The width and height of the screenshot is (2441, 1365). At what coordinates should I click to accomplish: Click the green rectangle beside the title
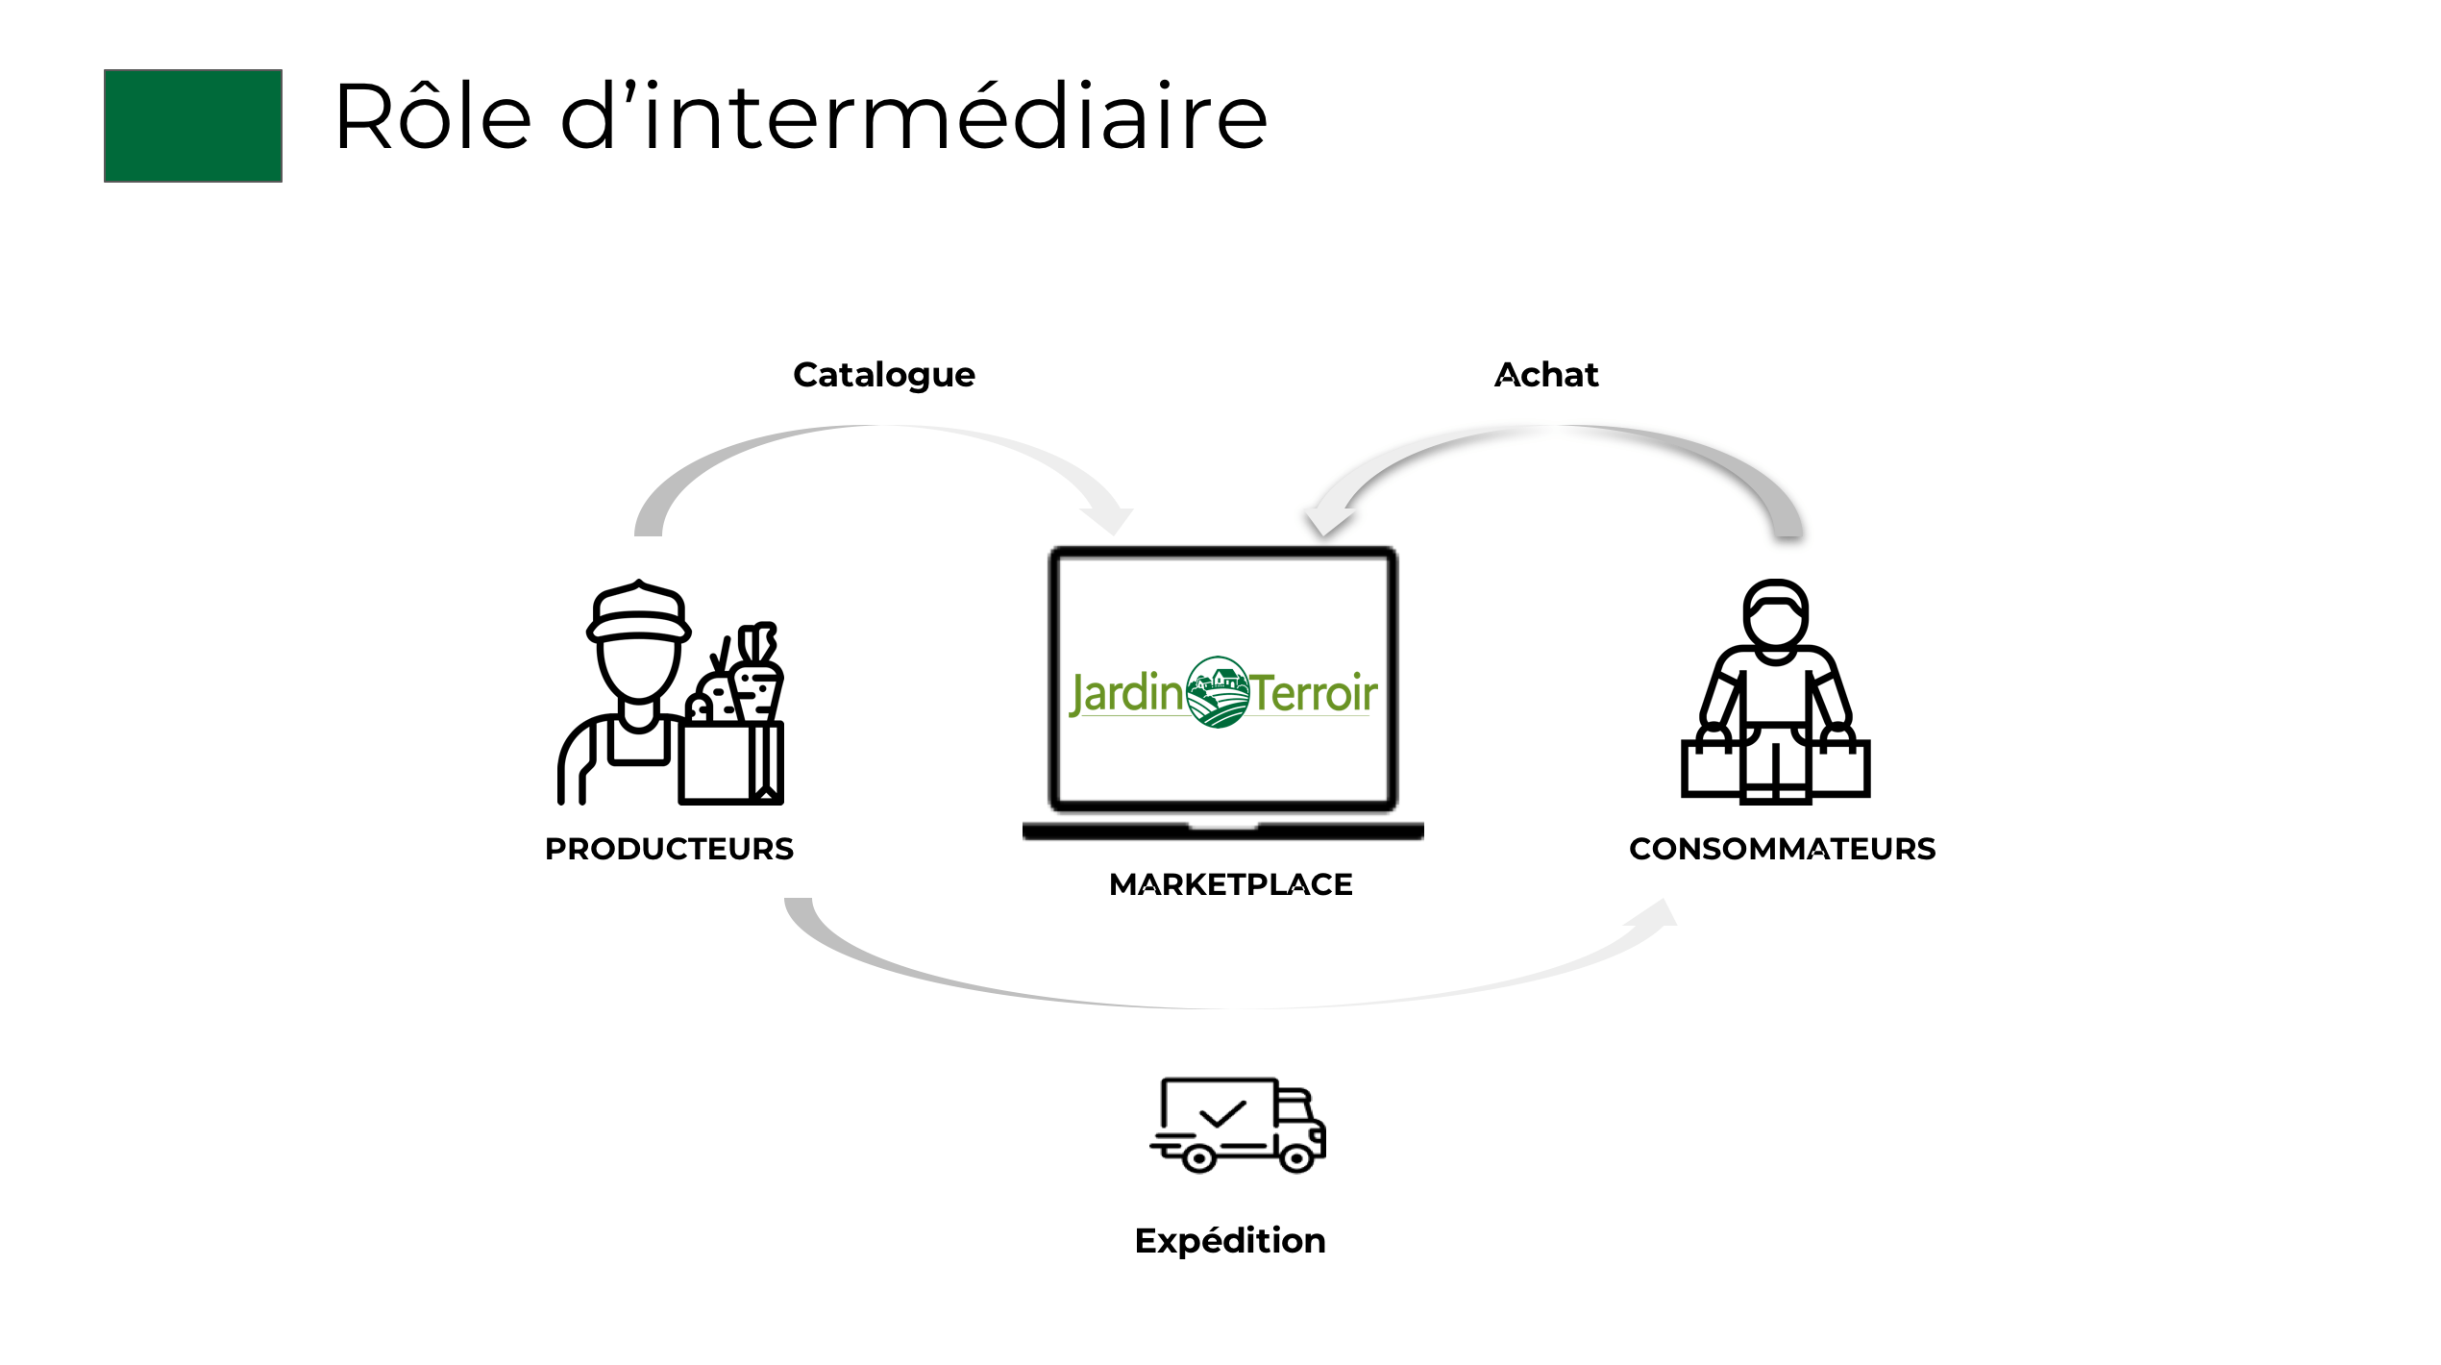pos(192,125)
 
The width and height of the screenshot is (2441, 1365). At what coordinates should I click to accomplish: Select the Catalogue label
pos(883,375)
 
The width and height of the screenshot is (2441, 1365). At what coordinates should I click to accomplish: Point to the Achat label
pos(1546,375)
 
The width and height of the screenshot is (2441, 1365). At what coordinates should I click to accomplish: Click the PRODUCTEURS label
pos(669,849)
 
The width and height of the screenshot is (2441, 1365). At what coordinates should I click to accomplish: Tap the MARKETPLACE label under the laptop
pos(1230,884)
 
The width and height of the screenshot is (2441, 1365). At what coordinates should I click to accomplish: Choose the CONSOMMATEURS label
pos(1782,849)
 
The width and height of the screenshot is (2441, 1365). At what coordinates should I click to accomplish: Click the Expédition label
pos(1230,1241)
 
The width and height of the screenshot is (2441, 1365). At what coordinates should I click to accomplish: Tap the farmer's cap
pos(638,613)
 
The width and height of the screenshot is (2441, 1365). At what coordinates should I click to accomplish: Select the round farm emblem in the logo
pos(1218,692)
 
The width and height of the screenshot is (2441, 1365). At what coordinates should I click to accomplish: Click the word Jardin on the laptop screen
pos(1126,694)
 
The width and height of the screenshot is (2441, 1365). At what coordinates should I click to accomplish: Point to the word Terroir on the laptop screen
pos(1314,694)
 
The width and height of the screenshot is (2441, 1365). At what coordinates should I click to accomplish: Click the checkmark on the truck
pos(1222,1114)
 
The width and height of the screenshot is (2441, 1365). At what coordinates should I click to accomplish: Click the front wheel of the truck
pos(1296,1158)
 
